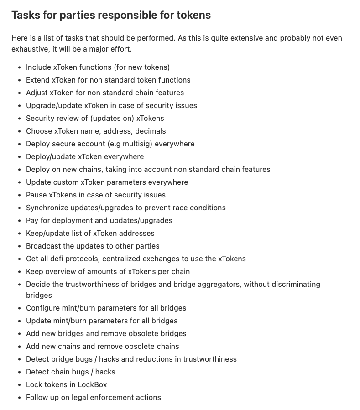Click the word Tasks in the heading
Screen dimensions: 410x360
point(26,15)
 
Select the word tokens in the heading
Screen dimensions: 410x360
point(193,15)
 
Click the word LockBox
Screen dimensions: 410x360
point(92,384)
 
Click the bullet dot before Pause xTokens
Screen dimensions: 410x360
point(19,195)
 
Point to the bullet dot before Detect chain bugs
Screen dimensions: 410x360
point(19,372)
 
